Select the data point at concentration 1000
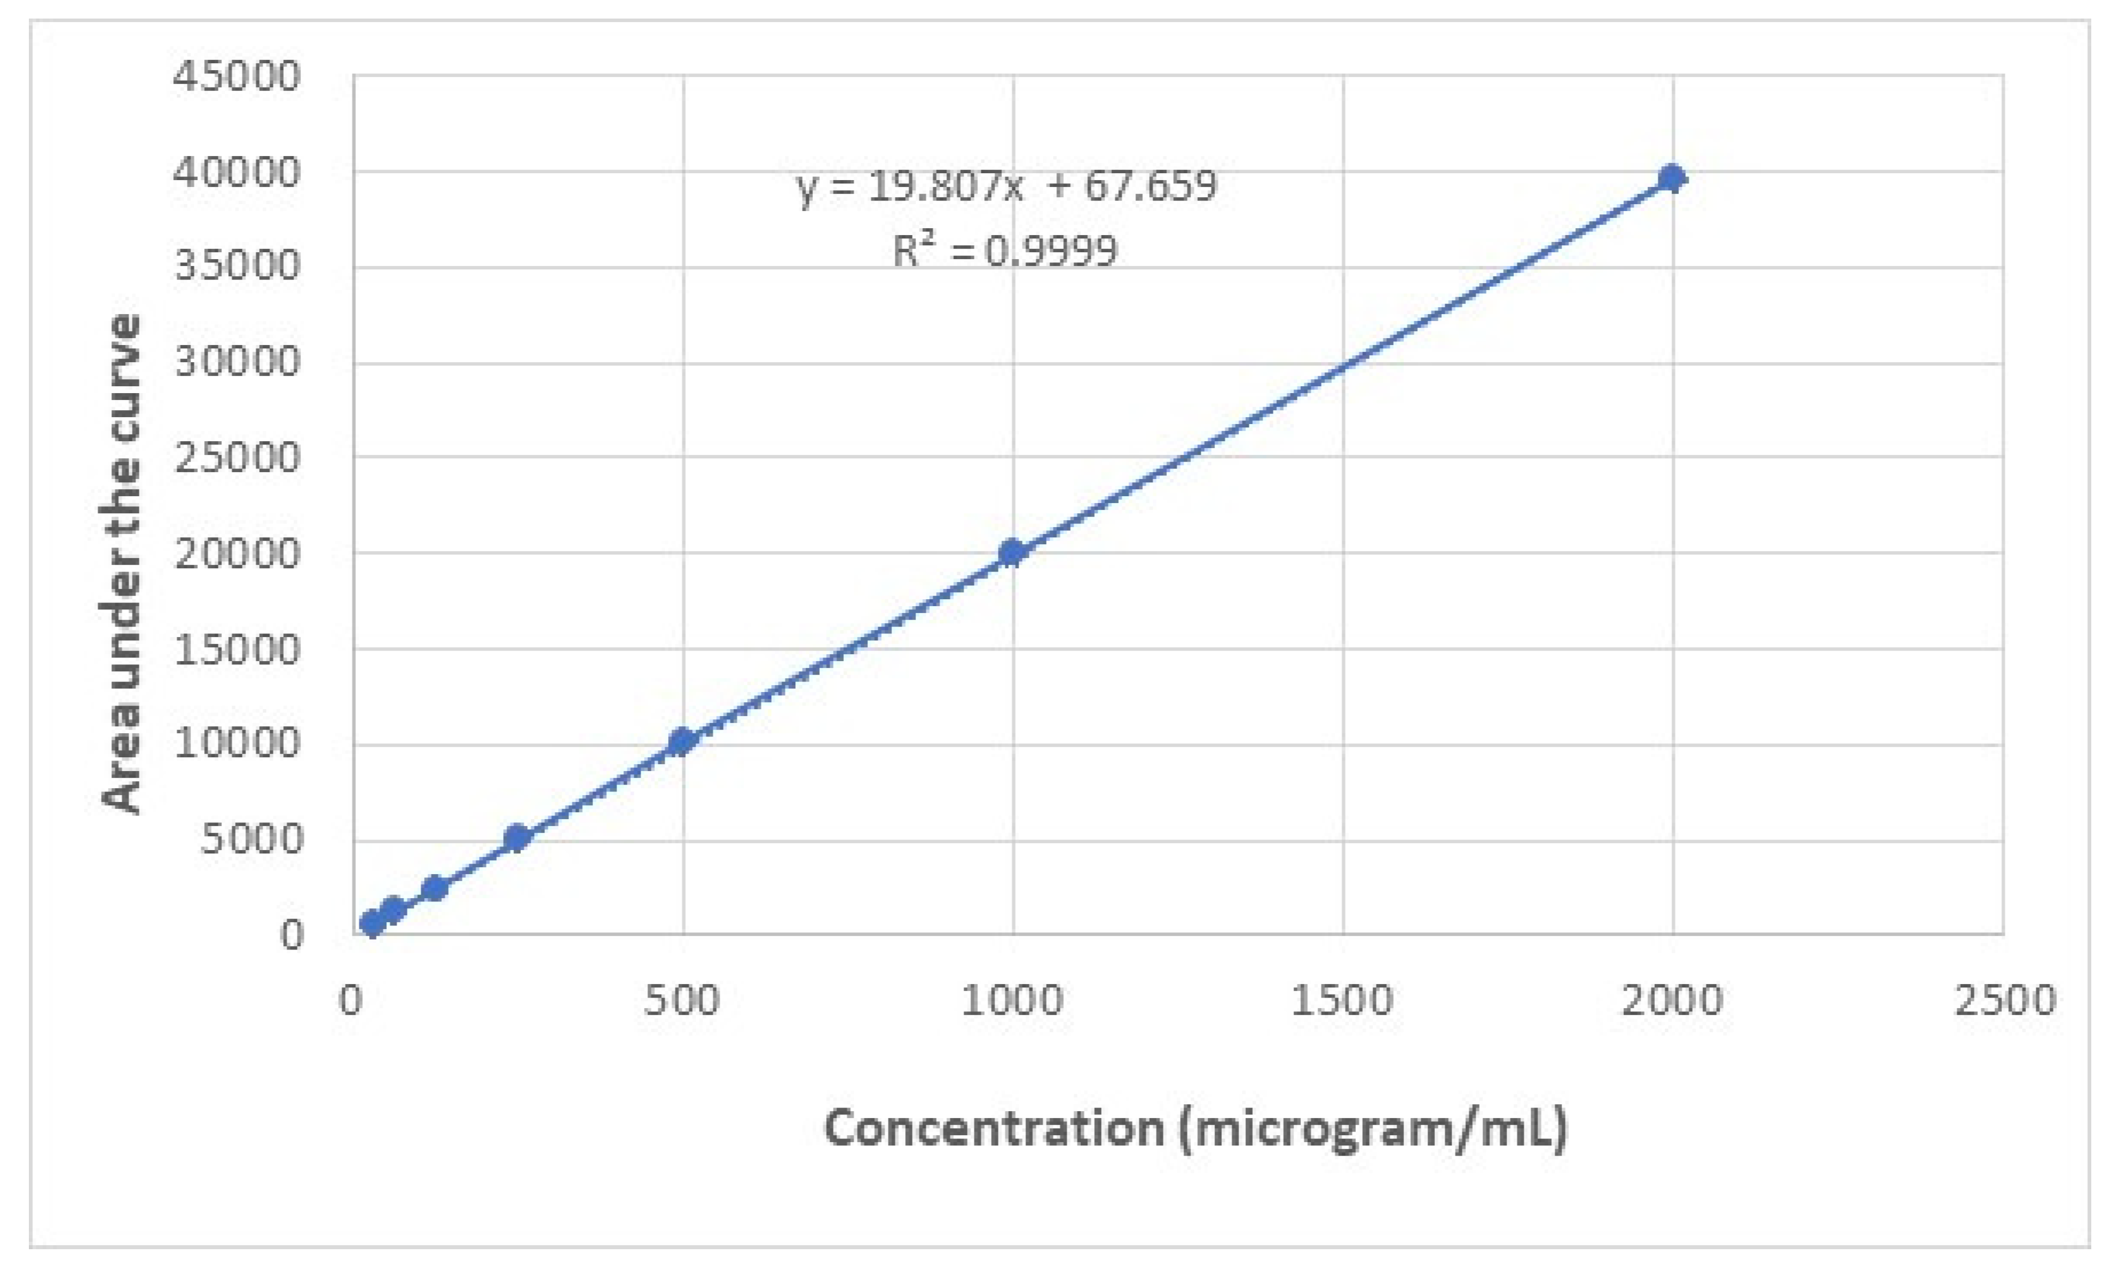tap(1012, 552)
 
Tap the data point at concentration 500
tap(682, 740)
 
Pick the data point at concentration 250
tap(516, 837)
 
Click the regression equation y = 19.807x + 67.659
tap(1007, 186)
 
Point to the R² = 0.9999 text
tap(1005, 251)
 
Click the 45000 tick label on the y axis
tap(237, 76)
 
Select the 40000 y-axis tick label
tap(237, 172)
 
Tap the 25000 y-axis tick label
tap(237, 457)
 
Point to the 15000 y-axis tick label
tap(237, 649)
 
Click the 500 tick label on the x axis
tap(682, 1001)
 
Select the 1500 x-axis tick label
tap(1342, 1001)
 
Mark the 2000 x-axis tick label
tap(1672, 1001)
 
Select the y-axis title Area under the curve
tap(121, 563)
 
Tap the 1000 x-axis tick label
tap(1012, 1001)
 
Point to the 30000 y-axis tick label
tap(237, 361)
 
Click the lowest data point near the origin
tap(372, 923)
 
